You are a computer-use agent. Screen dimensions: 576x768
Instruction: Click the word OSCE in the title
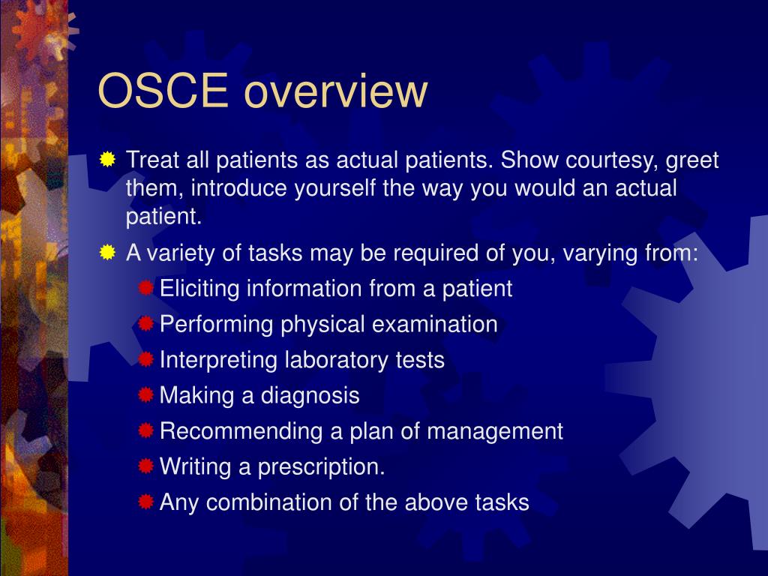pyautogui.click(x=163, y=91)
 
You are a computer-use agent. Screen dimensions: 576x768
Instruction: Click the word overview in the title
pyautogui.click(x=335, y=91)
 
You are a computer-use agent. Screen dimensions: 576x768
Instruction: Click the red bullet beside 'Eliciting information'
pyautogui.click(x=145, y=288)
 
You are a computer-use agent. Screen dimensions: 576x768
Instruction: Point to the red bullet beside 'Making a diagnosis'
pyautogui.click(x=145, y=395)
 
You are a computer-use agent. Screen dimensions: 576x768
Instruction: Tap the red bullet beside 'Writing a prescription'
pyautogui.click(x=145, y=466)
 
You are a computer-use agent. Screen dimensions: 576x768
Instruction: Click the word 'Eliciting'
pyautogui.click(x=200, y=289)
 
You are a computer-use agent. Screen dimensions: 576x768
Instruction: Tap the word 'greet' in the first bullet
pyautogui.click(x=693, y=160)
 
